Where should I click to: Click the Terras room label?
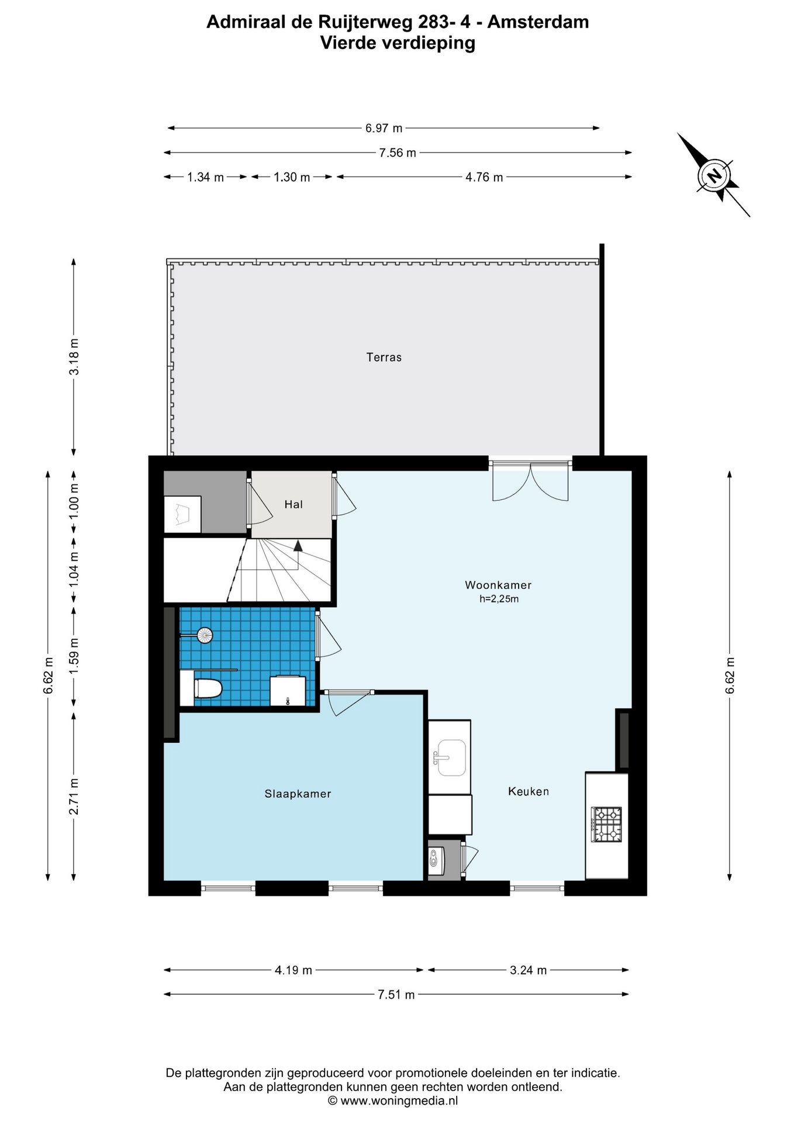point(384,357)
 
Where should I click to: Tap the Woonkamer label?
point(498,585)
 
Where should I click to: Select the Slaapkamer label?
point(298,794)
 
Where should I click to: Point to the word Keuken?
point(529,791)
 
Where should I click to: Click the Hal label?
point(294,504)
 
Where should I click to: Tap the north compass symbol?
point(714,175)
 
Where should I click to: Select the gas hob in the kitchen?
point(606,824)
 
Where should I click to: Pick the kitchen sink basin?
point(451,758)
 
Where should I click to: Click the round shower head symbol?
point(205,635)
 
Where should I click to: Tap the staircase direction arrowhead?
point(298,546)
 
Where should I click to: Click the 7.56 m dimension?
point(398,153)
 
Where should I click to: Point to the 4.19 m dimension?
point(294,970)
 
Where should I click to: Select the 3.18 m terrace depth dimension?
point(74,357)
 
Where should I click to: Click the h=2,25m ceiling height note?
point(499,599)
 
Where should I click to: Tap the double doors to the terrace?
point(530,480)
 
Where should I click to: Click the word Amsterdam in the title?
point(538,22)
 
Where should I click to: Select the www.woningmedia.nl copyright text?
point(392,1101)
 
